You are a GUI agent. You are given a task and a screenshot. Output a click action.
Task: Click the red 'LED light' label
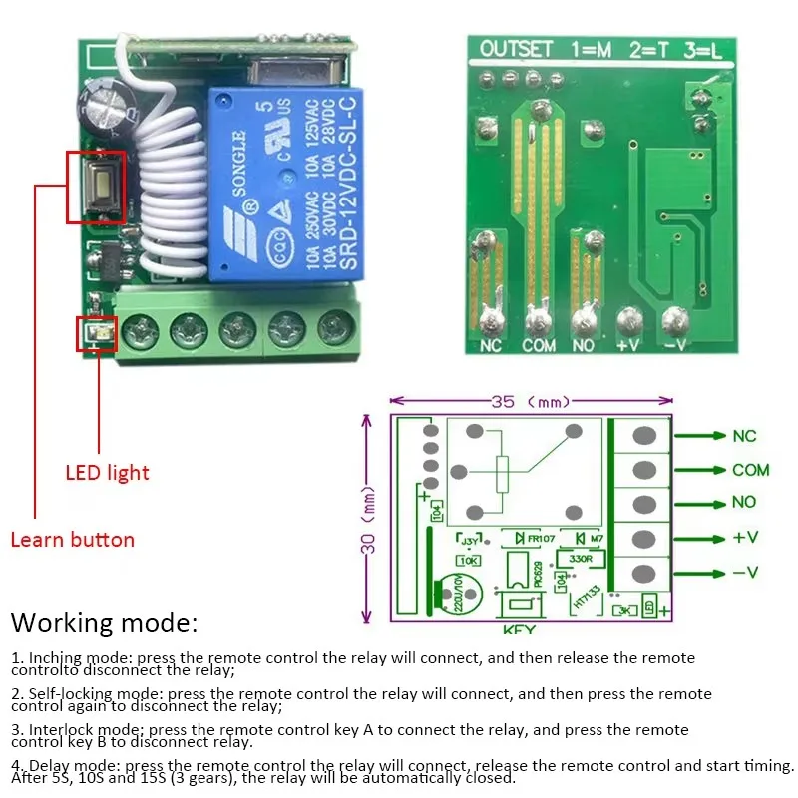[x=107, y=472]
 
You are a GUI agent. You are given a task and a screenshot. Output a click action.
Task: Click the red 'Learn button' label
[x=72, y=540]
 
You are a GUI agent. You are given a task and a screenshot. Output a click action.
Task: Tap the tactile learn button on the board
[x=97, y=186]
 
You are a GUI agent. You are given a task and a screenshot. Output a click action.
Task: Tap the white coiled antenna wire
[x=170, y=209]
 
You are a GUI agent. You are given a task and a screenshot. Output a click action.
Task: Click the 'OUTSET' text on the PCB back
[x=516, y=48]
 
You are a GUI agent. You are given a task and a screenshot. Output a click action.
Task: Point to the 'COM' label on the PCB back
[x=539, y=345]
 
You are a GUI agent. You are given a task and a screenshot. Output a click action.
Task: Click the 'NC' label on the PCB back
[x=490, y=345]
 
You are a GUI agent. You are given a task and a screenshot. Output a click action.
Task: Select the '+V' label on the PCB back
[x=628, y=345]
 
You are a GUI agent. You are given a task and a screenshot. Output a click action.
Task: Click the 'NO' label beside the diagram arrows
[x=744, y=502]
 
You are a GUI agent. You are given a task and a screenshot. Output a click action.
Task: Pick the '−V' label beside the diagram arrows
[x=745, y=572]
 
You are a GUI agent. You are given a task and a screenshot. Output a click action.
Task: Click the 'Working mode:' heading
[x=104, y=624]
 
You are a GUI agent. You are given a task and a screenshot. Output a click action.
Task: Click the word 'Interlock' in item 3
[x=60, y=729]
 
